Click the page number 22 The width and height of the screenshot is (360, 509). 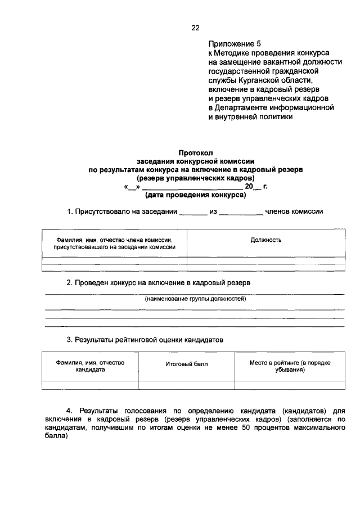[x=195, y=26]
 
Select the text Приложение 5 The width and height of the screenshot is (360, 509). [x=235, y=43]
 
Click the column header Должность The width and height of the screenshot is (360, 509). [x=266, y=240]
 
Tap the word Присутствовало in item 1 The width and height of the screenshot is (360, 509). [x=103, y=212]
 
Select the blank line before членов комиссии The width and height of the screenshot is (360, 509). [x=241, y=213]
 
